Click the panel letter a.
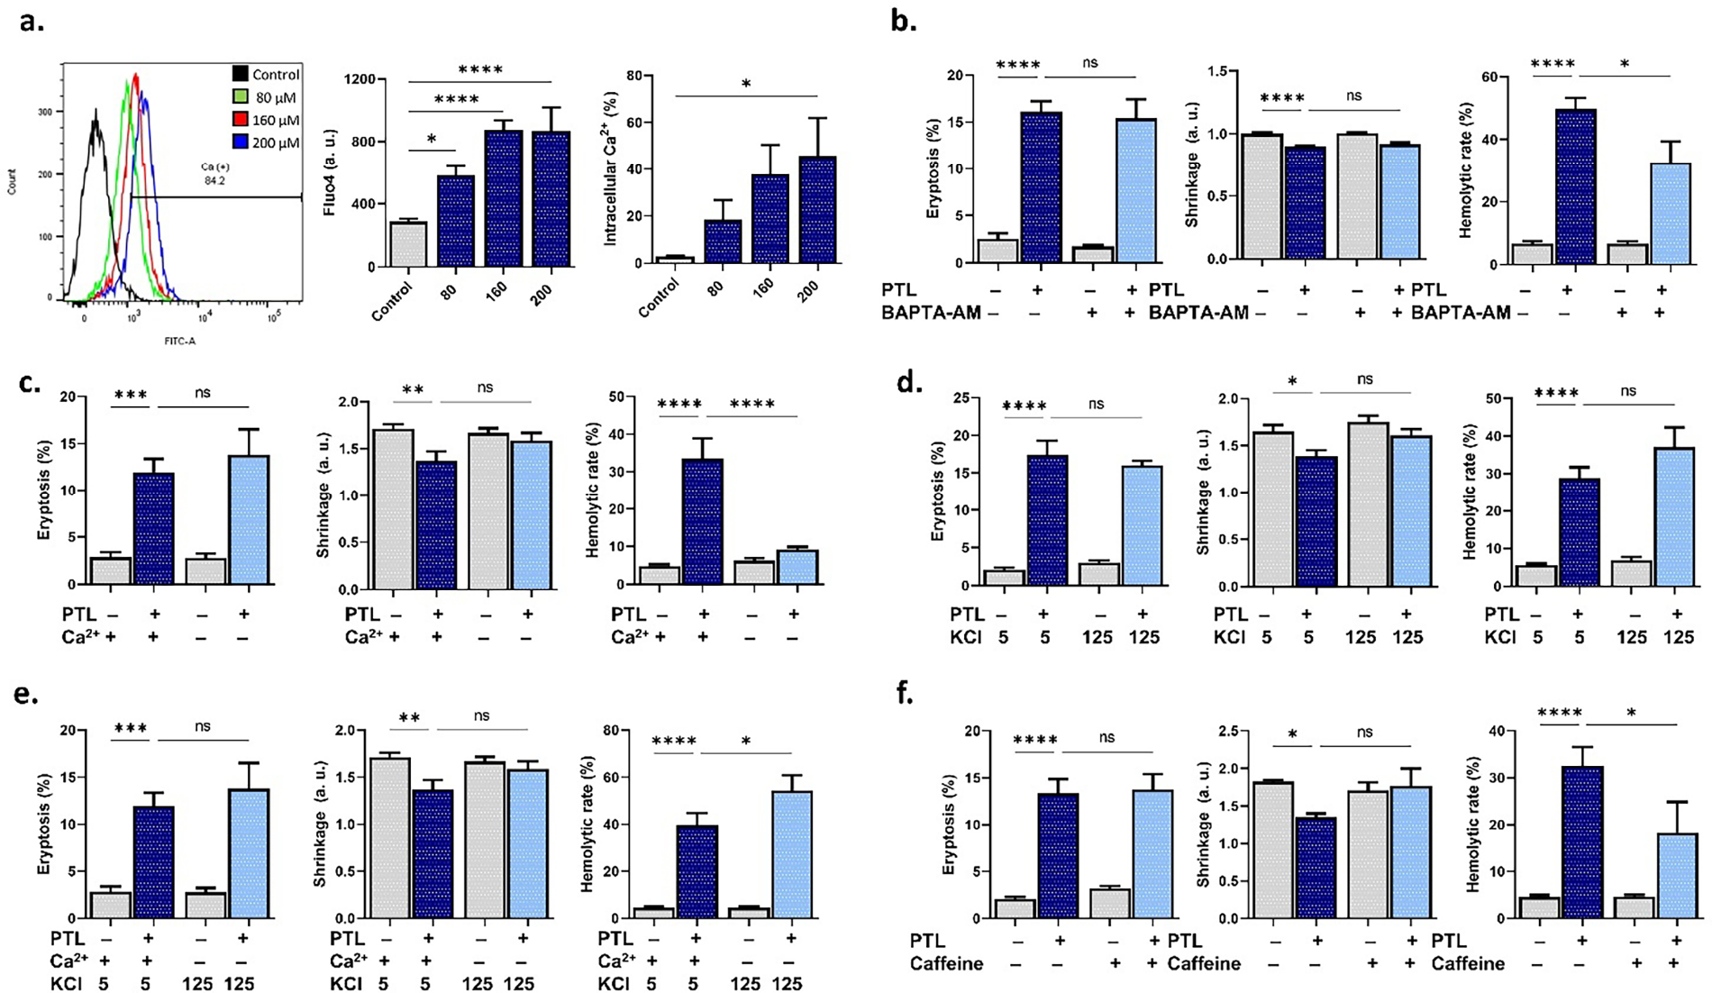32,22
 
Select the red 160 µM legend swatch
241,120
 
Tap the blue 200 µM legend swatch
241,142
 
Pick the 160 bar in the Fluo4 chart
503,198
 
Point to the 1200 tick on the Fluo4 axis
360,79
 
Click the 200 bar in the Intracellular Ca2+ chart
816,210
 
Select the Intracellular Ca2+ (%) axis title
611,169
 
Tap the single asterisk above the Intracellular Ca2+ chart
745,85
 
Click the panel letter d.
906,382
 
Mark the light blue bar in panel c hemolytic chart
797,567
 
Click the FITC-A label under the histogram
180,342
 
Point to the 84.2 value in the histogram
214,180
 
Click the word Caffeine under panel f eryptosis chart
946,964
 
